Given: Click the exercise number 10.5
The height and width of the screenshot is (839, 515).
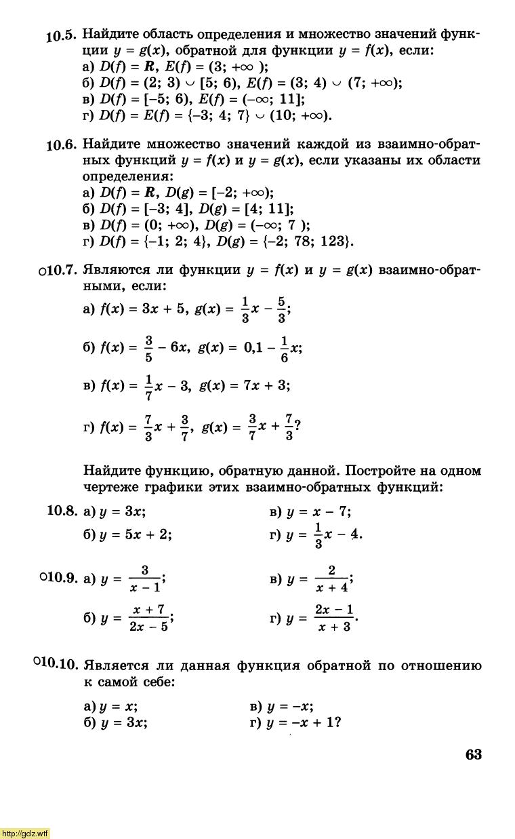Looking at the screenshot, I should pos(62,36).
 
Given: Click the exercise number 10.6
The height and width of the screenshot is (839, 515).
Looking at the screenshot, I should pos(62,146).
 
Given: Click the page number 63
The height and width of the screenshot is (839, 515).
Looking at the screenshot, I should pos(473,755).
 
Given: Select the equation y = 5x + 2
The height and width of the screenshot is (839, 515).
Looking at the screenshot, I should pos(135,534).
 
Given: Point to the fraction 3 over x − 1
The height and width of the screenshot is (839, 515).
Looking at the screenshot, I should pos(145,579).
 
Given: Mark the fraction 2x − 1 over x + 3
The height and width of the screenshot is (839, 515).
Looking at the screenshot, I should pos(335,618).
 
